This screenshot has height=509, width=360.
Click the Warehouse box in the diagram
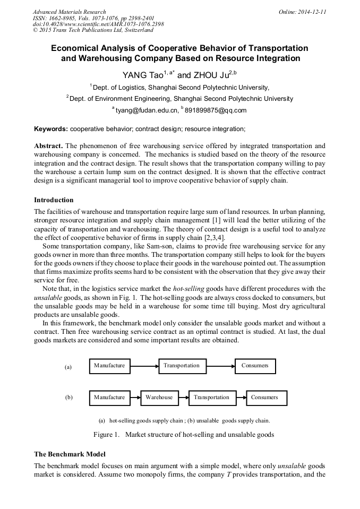(159, 398)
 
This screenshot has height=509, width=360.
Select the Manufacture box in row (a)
(109, 366)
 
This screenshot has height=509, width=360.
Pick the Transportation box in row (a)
(181, 366)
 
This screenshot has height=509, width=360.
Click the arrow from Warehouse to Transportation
(183, 398)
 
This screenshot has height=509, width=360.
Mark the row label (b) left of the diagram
(68, 397)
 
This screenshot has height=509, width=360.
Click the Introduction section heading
(54, 200)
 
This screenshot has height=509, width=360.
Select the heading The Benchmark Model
(70, 454)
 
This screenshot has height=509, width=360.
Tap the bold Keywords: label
(51, 129)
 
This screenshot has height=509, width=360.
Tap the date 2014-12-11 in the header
(313, 12)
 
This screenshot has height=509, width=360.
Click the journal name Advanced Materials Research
(69, 12)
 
